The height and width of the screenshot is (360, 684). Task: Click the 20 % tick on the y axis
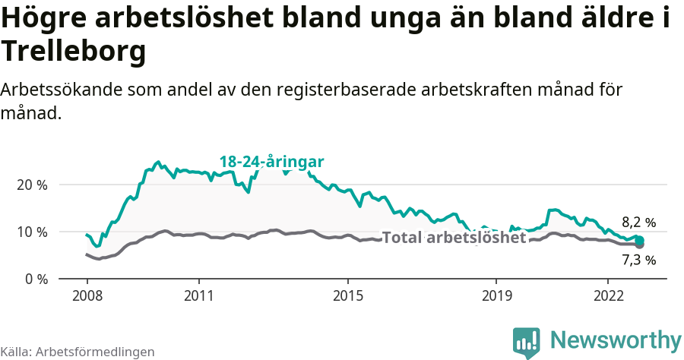pos(31,185)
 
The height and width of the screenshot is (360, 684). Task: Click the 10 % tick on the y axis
pos(31,232)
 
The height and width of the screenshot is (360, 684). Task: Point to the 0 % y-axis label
pos(35,279)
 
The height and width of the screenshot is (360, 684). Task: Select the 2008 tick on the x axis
pos(86,295)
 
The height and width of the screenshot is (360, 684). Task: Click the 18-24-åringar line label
pos(271,162)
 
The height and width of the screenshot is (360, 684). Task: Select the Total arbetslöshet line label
pos(454,238)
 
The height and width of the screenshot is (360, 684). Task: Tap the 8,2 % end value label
pos(638,223)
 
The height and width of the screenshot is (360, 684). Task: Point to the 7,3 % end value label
pos(638,260)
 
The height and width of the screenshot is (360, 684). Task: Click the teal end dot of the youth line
pos(639,240)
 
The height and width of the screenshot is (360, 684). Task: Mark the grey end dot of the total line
pos(640,245)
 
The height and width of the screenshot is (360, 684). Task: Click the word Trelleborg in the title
pos(73,52)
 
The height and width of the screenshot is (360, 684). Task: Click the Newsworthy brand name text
pos(616,339)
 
